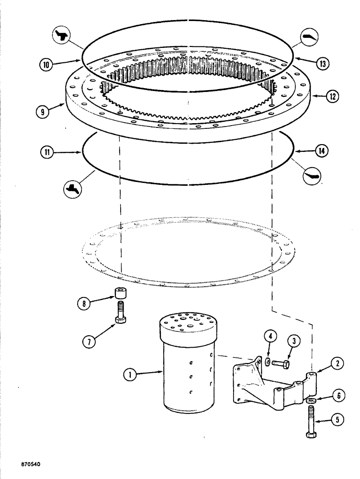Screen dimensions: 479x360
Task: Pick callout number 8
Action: (85, 303)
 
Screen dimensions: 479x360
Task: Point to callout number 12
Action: (332, 96)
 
